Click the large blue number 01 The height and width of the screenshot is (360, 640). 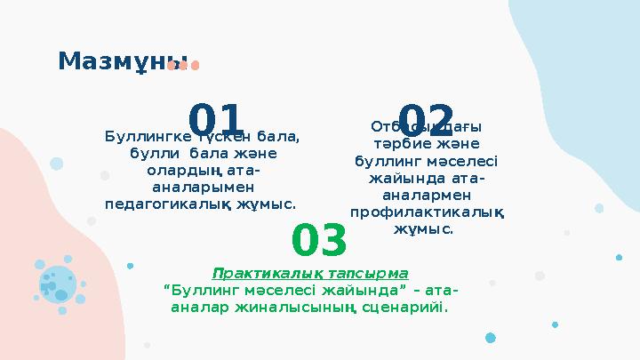point(216,122)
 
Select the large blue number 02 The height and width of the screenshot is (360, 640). point(426,122)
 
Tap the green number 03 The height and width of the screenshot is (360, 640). point(319,241)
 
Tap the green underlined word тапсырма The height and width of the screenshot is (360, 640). point(372,272)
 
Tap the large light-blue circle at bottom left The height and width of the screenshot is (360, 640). point(58,282)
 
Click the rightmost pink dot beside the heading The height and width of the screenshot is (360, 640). point(195,65)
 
